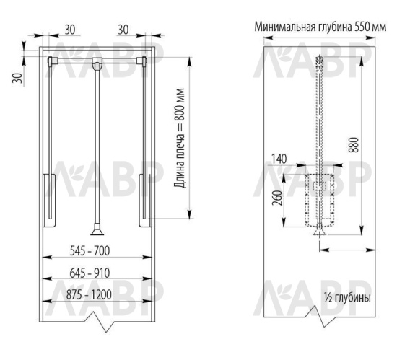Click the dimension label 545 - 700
96,253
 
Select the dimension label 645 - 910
96,274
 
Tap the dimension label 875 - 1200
96,296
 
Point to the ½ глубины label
347,297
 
